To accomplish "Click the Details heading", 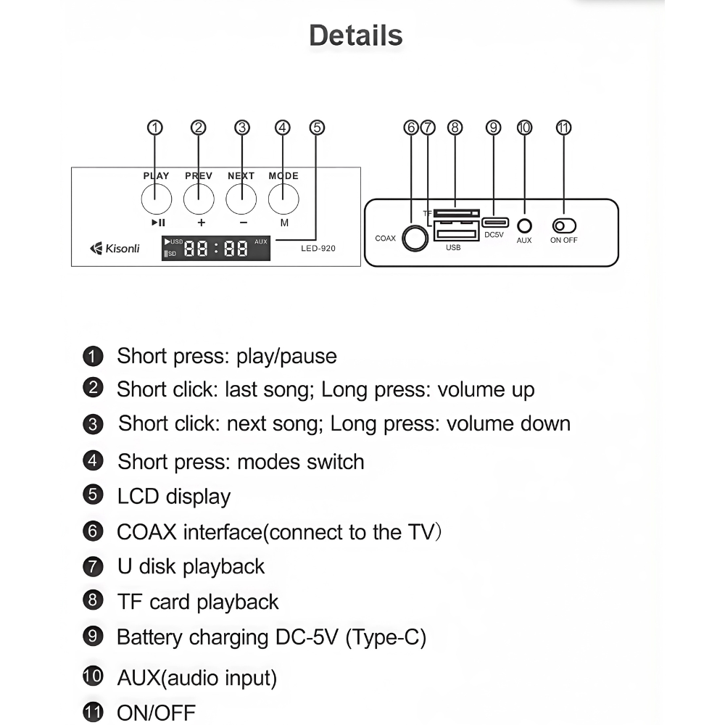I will pos(355,36).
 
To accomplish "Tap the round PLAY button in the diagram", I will pos(156,198).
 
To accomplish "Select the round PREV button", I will pos(199,198).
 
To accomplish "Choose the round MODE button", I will pos(283,198).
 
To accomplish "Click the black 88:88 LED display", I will pos(215,249).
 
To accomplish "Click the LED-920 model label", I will pos(318,249).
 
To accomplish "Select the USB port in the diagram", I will pos(456,233).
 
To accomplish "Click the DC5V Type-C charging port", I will pos(494,222).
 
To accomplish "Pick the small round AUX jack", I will pos(524,226).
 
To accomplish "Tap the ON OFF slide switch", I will pos(564,226).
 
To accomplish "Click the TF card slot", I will pos(456,213).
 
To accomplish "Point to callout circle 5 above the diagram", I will pos(317,128).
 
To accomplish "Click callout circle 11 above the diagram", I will pos(563,128).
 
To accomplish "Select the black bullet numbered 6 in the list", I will pos(93,531).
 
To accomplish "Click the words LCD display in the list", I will pos(173,497).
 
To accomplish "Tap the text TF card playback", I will pos(197,602).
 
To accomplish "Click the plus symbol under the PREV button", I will pos(201,223).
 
